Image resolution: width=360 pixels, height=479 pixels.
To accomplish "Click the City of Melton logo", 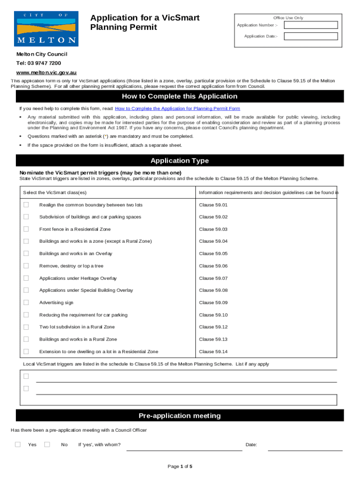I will click(x=46, y=29).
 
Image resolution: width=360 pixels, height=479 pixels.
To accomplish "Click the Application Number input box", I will click(x=311, y=25).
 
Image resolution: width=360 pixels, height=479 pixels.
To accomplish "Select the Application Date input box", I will click(x=311, y=36).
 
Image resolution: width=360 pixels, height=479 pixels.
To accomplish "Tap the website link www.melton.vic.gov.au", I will click(x=46, y=73).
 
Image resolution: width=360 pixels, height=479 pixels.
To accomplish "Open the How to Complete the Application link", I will click(x=177, y=109).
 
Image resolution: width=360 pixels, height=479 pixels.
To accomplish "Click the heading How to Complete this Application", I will click(x=180, y=96).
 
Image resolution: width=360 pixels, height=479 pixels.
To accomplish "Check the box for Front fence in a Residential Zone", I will click(x=26, y=229).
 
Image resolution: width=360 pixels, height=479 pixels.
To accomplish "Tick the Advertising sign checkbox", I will click(x=26, y=302).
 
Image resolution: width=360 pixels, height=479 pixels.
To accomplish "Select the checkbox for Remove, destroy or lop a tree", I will click(x=26, y=266).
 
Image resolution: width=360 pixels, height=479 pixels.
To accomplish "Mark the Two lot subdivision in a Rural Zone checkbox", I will click(x=26, y=327).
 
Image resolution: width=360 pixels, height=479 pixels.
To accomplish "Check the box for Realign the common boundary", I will click(x=26, y=205).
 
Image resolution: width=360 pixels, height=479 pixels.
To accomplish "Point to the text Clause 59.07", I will click(x=213, y=278).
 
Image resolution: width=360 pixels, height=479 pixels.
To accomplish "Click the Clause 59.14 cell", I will click(x=213, y=351).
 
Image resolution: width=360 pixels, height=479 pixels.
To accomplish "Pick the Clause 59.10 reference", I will click(x=213, y=315).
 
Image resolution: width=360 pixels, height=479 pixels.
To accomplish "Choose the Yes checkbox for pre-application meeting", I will click(x=18, y=444).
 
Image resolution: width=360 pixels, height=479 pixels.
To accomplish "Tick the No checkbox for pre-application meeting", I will click(x=47, y=444).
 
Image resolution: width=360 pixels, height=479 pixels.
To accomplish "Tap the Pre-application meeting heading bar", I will click(x=180, y=416).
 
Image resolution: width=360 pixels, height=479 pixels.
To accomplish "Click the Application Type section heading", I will click(x=180, y=161).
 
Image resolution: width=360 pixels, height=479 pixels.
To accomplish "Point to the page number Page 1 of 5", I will click(x=180, y=466).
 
